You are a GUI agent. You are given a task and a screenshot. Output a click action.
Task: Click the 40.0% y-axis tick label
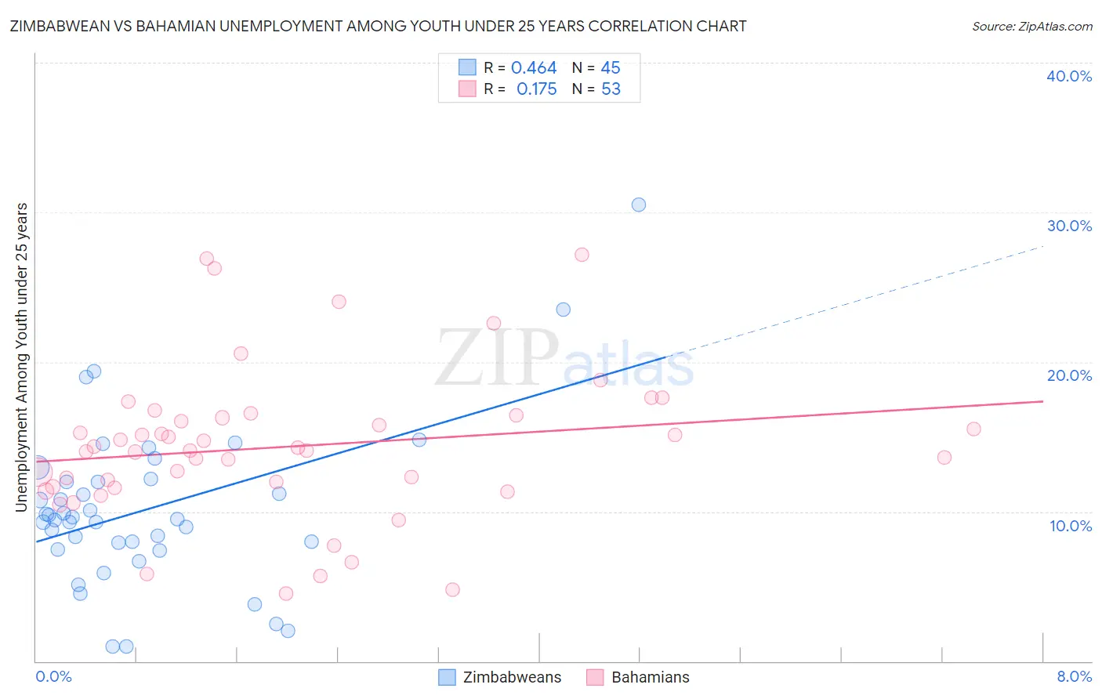[1069, 76]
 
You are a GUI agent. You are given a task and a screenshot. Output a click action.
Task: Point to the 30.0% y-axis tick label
[1069, 226]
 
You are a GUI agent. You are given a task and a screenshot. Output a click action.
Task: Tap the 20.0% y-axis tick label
[1069, 375]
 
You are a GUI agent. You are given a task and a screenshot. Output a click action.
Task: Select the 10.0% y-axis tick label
[1071, 526]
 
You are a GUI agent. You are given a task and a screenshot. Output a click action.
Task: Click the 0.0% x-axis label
[53, 677]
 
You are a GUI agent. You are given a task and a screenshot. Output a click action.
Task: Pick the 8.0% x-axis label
[1074, 677]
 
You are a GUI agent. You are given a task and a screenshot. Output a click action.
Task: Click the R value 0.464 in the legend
[534, 68]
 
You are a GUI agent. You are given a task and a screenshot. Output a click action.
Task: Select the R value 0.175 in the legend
[537, 89]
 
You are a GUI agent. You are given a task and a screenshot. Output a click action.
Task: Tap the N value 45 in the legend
[611, 68]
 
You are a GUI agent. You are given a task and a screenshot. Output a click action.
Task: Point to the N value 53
[611, 89]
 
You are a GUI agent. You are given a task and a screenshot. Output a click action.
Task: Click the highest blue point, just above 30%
[639, 205]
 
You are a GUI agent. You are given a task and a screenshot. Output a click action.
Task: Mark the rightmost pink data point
[973, 429]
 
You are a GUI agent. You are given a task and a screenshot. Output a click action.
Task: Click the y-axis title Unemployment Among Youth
[22, 357]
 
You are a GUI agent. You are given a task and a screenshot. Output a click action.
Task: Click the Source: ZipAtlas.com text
[1031, 27]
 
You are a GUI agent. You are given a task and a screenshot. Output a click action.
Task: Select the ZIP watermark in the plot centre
[495, 359]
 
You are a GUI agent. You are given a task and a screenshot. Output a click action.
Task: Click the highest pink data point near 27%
[582, 255]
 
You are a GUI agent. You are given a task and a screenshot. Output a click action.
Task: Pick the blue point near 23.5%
[563, 310]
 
